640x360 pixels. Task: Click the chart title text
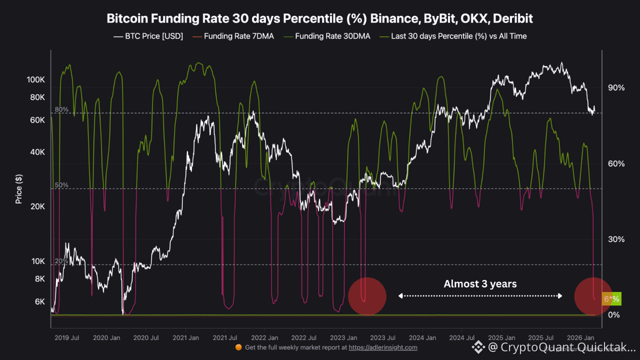320,19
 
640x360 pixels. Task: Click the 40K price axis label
37,152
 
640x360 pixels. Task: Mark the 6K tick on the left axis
39,301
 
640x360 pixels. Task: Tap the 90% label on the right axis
616,88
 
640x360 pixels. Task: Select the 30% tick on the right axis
616,239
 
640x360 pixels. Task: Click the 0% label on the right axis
614,314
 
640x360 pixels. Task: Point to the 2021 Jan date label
185,337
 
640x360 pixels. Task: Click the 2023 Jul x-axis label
382,337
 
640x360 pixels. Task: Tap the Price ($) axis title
19,188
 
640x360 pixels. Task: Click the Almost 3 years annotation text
480,284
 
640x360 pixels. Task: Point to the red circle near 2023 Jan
367,296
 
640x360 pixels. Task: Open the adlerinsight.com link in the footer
383,347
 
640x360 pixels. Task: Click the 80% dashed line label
61,109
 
